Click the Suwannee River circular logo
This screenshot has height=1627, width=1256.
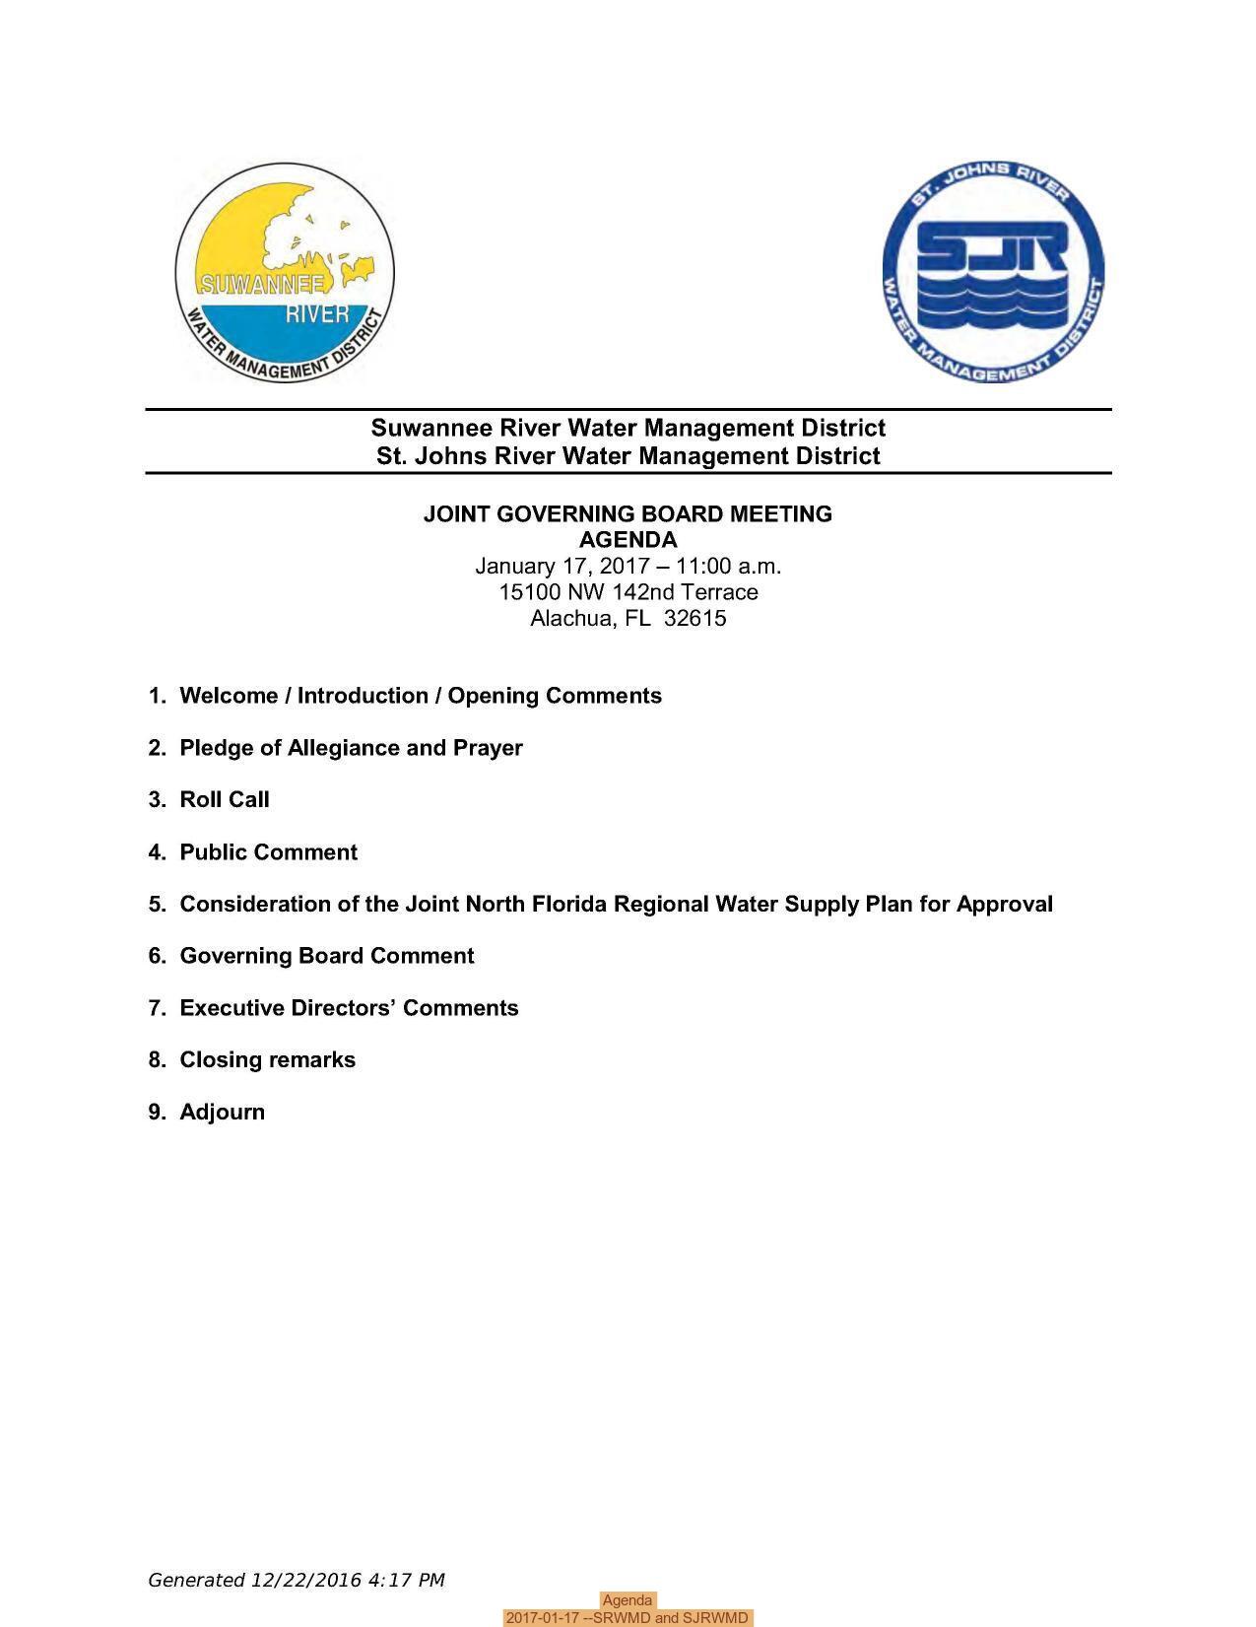pyautogui.click(x=285, y=273)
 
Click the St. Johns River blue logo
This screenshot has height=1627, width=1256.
pyautogui.click(x=993, y=273)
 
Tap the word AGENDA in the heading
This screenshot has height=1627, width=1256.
pyautogui.click(x=628, y=540)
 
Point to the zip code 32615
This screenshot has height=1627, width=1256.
pyautogui.click(x=695, y=618)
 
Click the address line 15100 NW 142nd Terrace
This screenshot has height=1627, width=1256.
pyautogui.click(x=628, y=592)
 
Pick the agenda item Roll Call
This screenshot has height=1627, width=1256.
pyautogui.click(x=224, y=799)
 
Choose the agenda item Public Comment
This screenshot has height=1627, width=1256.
pyautogui.click(x=268, y=851)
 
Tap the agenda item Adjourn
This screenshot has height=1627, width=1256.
pyautogui.click(x=222, y=1112)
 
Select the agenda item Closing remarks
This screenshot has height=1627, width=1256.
pyautogui.click(x=267, y=1059)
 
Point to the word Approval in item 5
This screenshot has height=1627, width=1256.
pyautogui.click(x=1004, y=904)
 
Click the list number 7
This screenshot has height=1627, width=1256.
pyautogui.click(x=157, y=1008)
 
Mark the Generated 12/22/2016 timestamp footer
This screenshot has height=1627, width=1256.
pyautogui.click(x=296, y=1580)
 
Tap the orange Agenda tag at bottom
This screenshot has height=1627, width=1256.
pyautogui.click(x=628, y=1600)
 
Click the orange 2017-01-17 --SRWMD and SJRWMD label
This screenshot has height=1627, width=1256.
pyautogui.click(x=628, y=1618)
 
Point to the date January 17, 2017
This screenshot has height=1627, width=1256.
pyautogui.click(x=561, y=566)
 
